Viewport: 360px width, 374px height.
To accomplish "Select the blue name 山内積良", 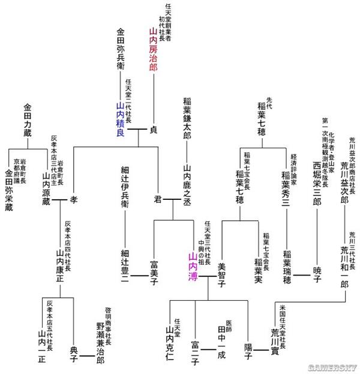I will [x=120, y=119].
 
